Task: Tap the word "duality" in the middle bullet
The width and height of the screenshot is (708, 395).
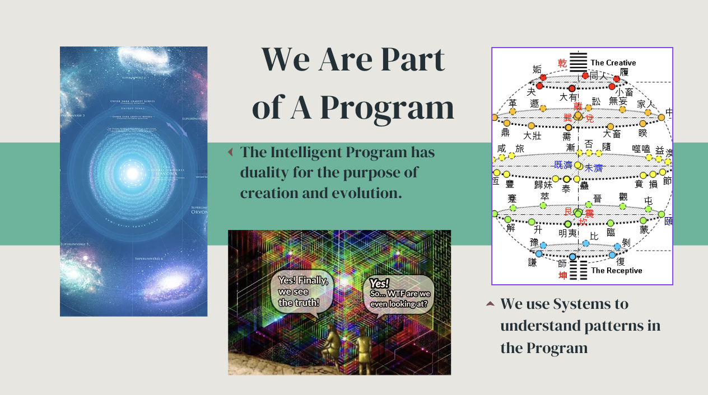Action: pyautogui.click(x=264, y=172)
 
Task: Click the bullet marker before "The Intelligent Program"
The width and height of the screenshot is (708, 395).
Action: pyautogui.click(x=230, y=152)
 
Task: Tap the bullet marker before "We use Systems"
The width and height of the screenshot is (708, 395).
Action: pyautogui.click(x=490, y=304)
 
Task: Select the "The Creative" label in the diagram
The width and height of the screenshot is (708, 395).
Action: pyautogui.click(x=613, y=63)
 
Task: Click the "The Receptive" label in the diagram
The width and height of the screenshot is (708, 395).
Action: pyautogui.click(x=616, y=271)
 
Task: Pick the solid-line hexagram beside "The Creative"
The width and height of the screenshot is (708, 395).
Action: pyautogui.click(x=579, y=63)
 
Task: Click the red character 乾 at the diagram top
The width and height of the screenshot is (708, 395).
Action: pyautogui.click(x=562, y=63)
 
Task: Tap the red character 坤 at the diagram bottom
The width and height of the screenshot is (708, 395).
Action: pyautogui.click(x=562, y=275)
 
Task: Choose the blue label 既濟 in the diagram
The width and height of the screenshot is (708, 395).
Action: pyautogui.click(x=563, y=164)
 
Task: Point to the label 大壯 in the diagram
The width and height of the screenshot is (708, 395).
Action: pyautogui.click(x=532, y=135)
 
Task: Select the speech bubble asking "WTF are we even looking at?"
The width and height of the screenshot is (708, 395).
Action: pyautogui.click(x=400, y=295)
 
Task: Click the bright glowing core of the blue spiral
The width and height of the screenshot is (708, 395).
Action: pyautogui.click(x=132, y=173)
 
